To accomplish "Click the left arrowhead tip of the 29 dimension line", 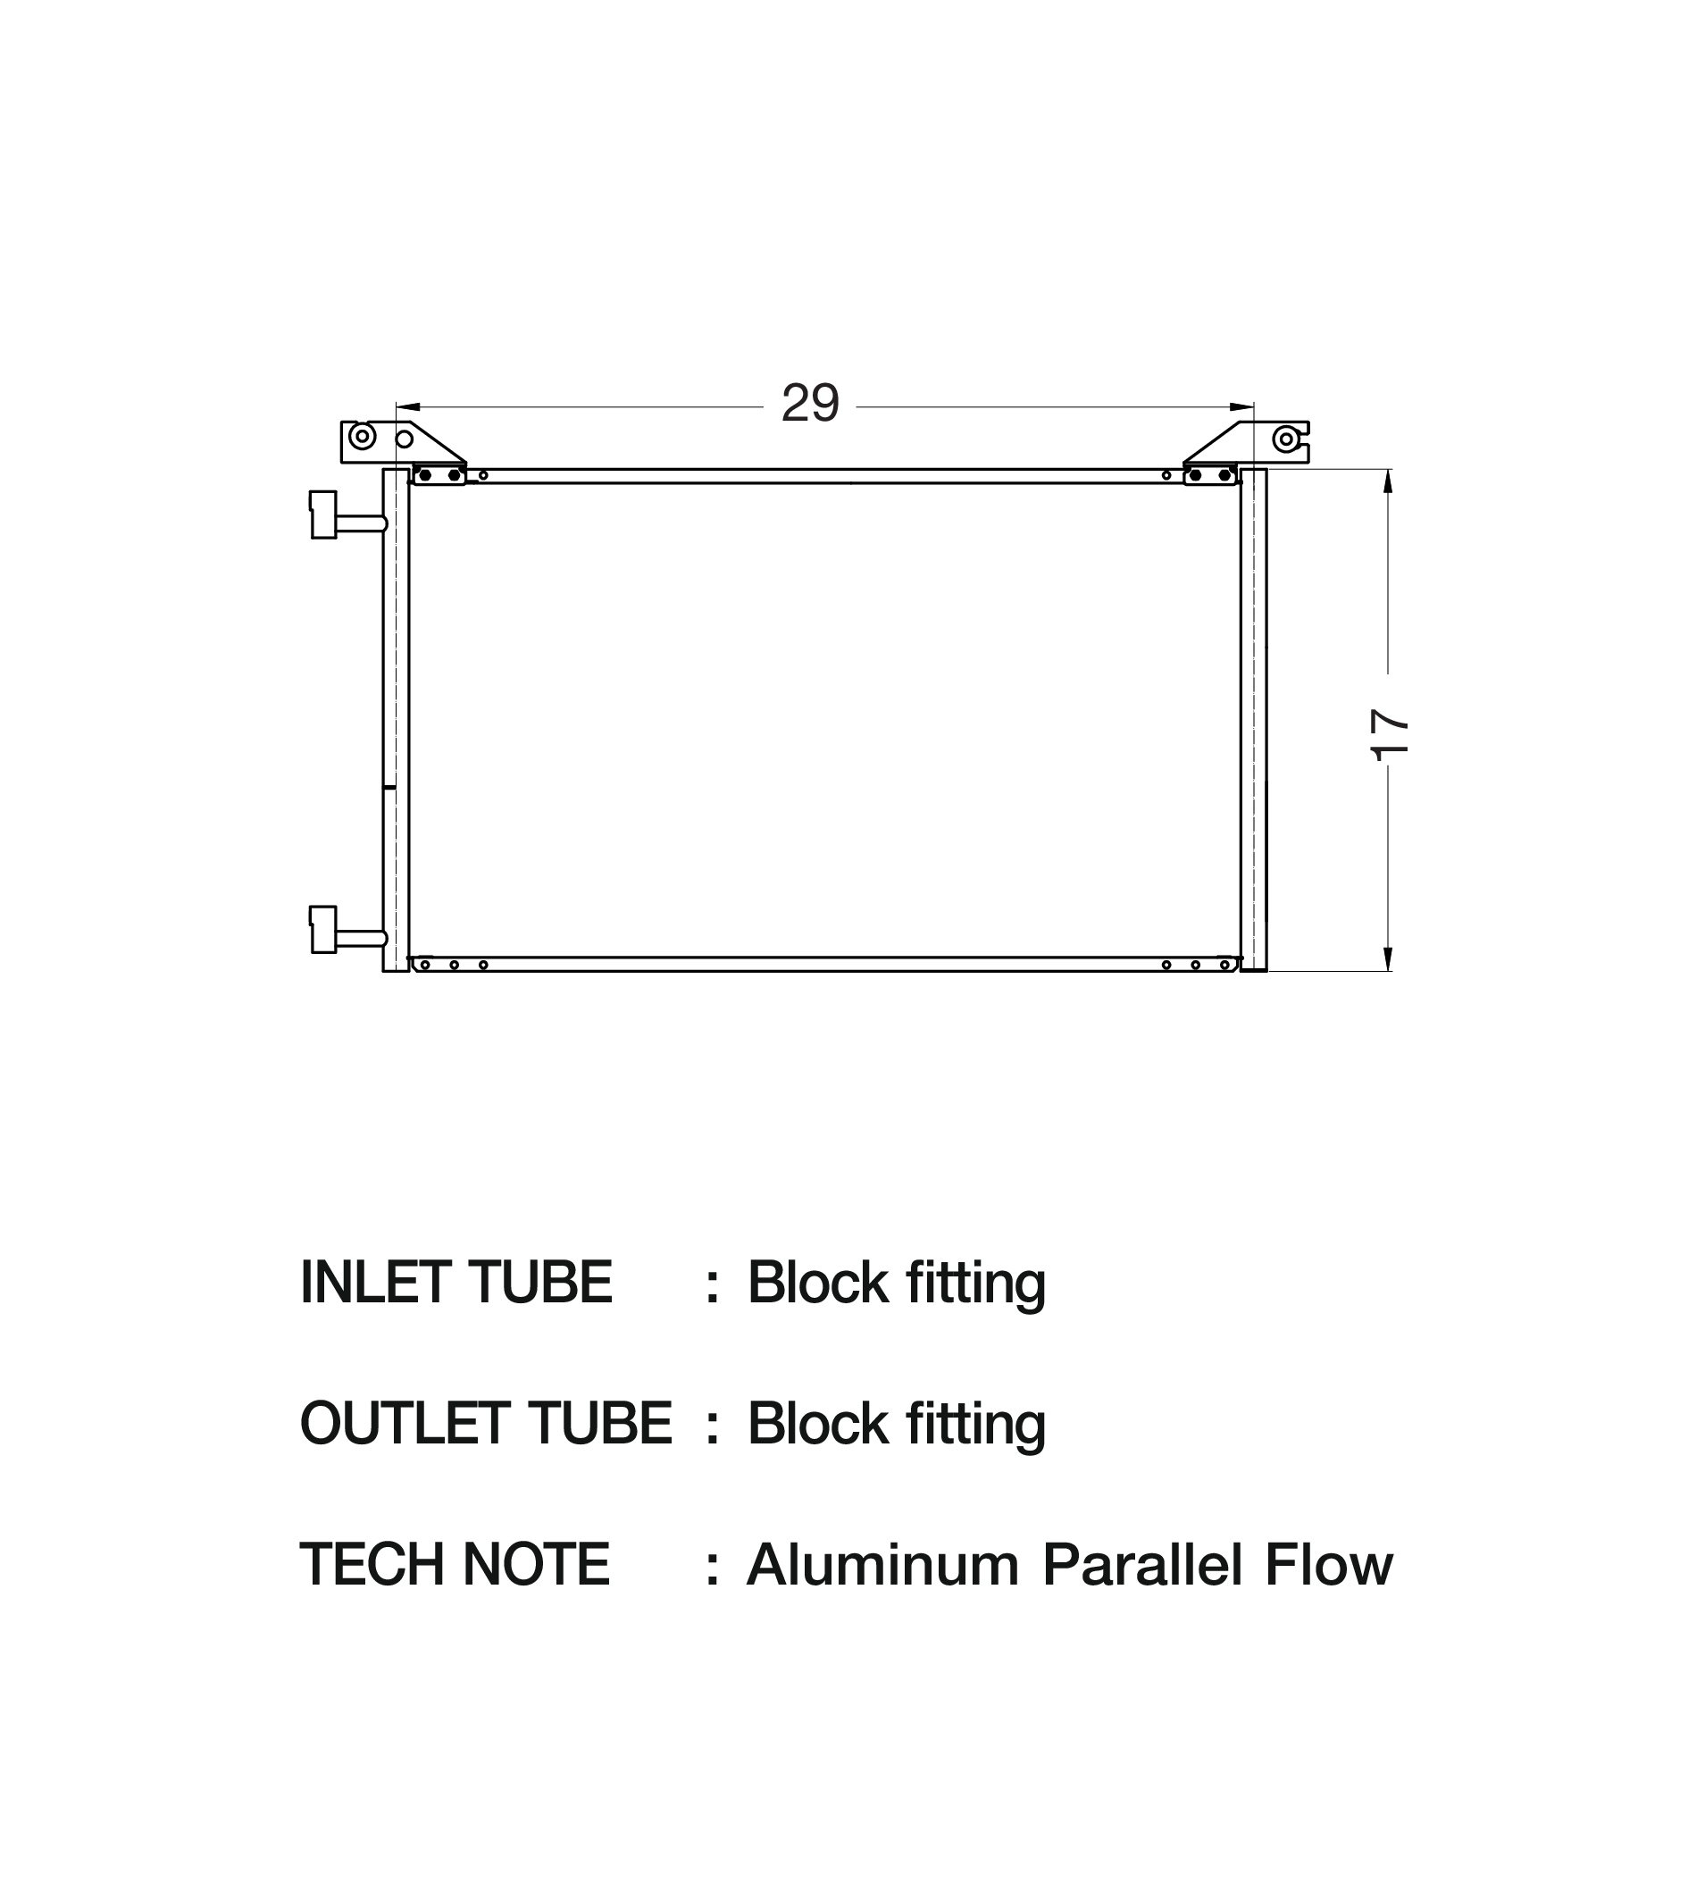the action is (397, 407).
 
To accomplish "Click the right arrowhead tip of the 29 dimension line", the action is (1254, 407).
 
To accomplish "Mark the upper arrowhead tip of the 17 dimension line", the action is (1388, 470).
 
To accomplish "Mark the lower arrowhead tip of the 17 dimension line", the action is (1388, 971).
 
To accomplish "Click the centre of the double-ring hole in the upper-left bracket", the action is (363, 436).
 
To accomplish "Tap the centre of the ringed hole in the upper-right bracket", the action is (1286, 439).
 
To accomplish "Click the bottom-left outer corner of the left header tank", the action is (384, 972).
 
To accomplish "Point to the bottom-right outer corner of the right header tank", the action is (1266, 972).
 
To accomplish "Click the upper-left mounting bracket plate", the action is (401, 442).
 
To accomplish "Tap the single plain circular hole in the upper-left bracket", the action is (404, 439).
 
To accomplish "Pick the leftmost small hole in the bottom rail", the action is (424, 966).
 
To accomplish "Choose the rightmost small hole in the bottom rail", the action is (1224, 966).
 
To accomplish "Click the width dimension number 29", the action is (810, 403).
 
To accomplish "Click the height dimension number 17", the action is (1390, 735).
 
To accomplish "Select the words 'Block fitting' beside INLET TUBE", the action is (897, 1284).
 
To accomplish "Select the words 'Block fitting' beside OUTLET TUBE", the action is (897, 1426).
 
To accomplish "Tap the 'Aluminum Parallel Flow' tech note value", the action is (1070, 1566).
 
